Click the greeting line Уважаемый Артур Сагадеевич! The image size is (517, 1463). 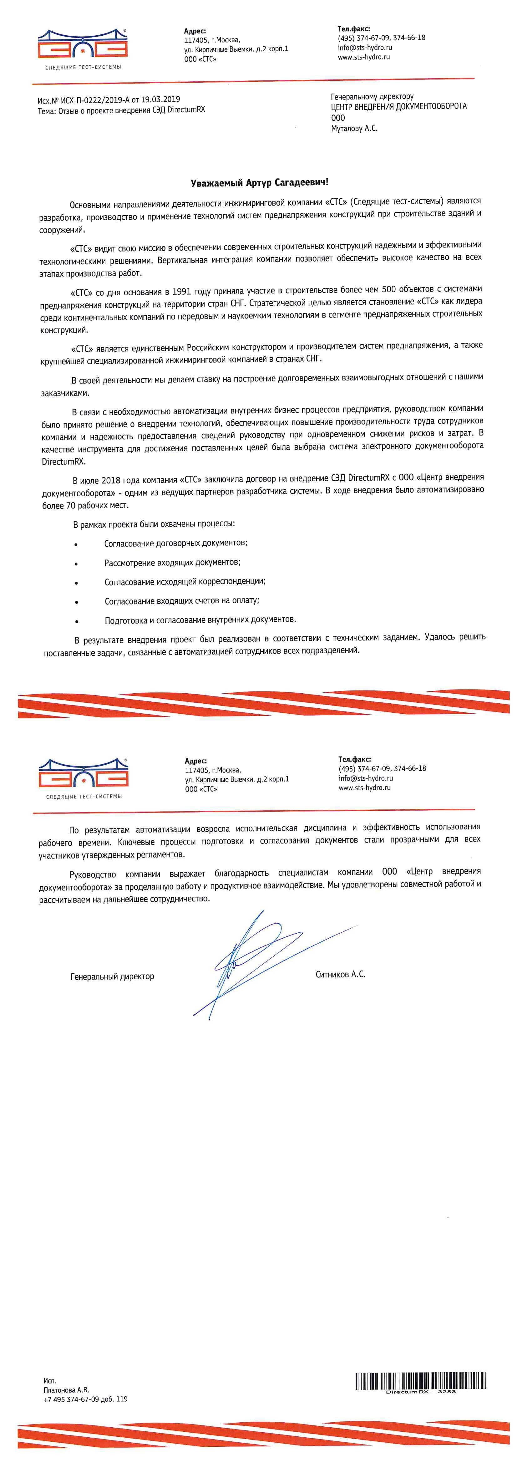coord(259,182)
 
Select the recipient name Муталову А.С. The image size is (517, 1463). coord(354,128)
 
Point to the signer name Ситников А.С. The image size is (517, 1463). coord(341,974)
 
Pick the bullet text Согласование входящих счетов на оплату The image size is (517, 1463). coord(182,600)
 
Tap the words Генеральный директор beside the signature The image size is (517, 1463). coord(112,976)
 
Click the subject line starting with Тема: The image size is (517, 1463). coord(121,110)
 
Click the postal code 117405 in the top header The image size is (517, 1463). coord(196,40)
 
